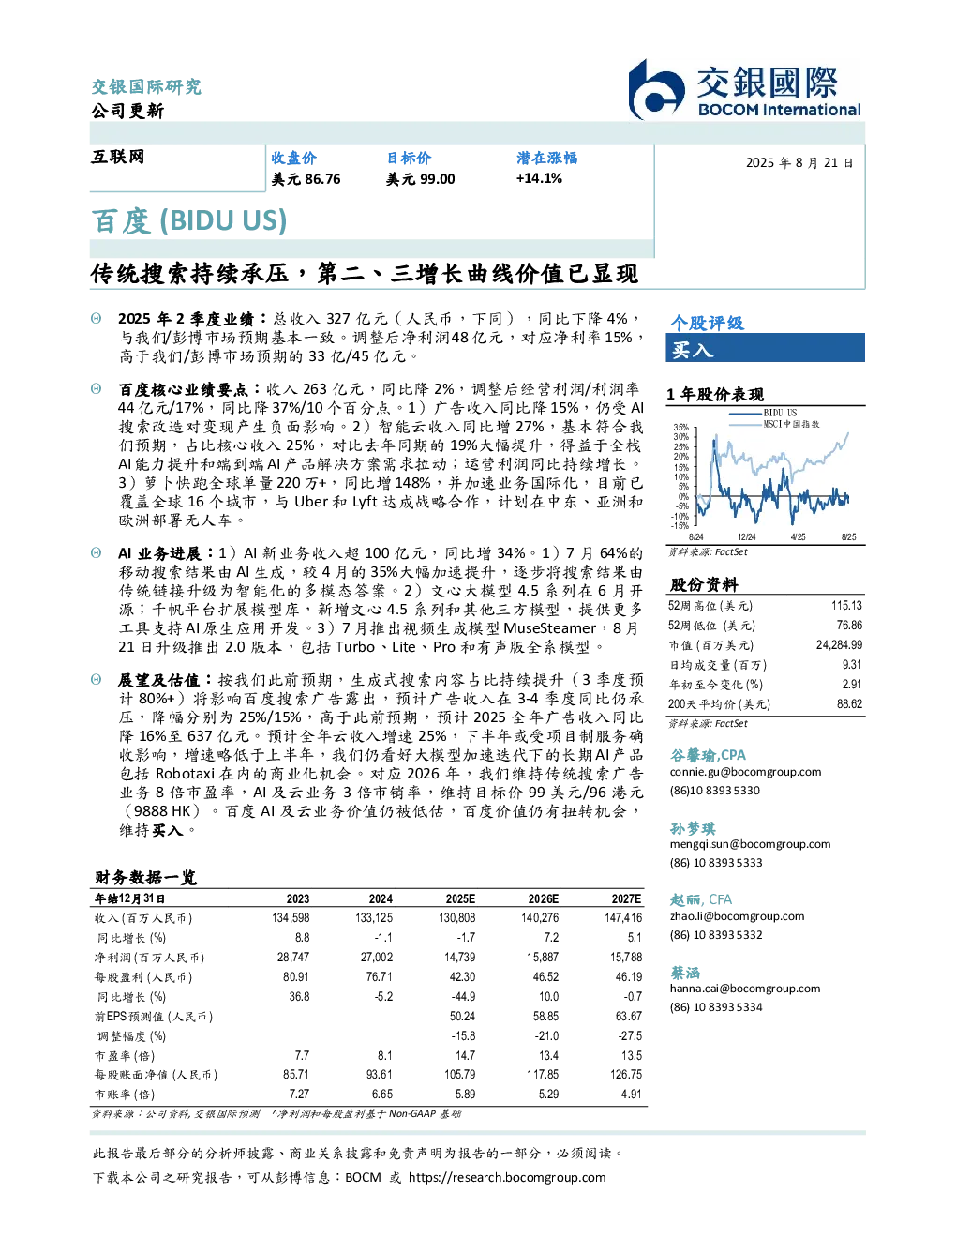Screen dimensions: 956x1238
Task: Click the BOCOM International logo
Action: pos(743,89)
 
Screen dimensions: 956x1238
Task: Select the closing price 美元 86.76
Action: pos(306,179)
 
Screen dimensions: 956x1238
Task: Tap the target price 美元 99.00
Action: pos(420,179)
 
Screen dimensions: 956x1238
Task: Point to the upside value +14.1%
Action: pos(539,178)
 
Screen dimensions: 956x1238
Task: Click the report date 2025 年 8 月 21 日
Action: pos(799,163)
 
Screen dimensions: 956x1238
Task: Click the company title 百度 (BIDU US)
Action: pos(189,221)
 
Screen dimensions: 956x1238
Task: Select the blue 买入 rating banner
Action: pos(765,348)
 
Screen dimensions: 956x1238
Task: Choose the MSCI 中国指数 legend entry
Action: pos(774,424)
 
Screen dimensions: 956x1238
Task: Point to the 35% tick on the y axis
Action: pos(680,427)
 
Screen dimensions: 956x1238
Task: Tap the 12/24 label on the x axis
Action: pos(746,536)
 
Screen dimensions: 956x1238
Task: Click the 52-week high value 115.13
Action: pos(846,606)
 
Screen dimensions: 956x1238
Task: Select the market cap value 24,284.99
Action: pos(839,645)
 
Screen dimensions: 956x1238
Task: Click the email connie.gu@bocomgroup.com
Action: pos(745,772)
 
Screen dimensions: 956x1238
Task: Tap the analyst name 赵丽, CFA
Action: pos(700,899)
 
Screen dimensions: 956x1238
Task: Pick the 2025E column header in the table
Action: pos(460,899)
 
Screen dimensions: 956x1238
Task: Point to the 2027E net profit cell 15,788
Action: pos(626,958)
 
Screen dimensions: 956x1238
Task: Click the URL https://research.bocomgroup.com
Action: pos(507,1178)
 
